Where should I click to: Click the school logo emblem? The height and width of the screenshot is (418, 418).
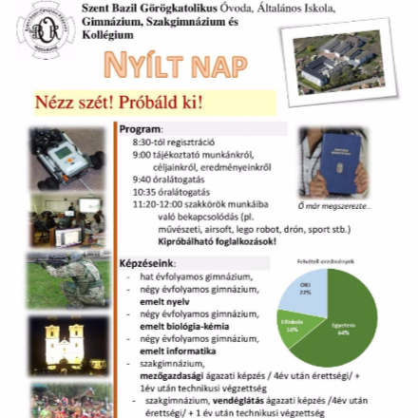pos(45,32)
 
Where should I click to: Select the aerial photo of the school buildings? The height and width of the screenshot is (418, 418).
pos(344,59)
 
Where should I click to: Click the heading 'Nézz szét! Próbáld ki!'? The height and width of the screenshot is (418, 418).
pos(119,103)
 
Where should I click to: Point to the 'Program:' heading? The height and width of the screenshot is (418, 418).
pos(142,128)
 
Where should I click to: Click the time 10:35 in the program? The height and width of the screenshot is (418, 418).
pos(144,191)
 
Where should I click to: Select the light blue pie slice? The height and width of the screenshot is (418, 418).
pos(304,291)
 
